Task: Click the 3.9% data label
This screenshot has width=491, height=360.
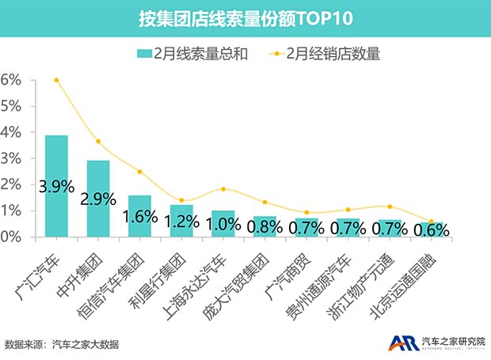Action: [56, 188]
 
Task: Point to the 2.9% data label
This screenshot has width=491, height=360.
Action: [98, 198]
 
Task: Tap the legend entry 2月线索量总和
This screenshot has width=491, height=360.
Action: [195, 54]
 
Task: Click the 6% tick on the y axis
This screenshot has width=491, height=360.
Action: [11, 80]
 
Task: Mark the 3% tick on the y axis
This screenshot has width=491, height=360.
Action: [11, 158]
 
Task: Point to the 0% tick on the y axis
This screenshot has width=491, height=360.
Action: [11, 237]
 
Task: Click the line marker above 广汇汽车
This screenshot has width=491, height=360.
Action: [56, 80]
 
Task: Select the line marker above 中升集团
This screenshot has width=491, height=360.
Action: [98, 142]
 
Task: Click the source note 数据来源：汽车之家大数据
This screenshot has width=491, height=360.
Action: [62, 344]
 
